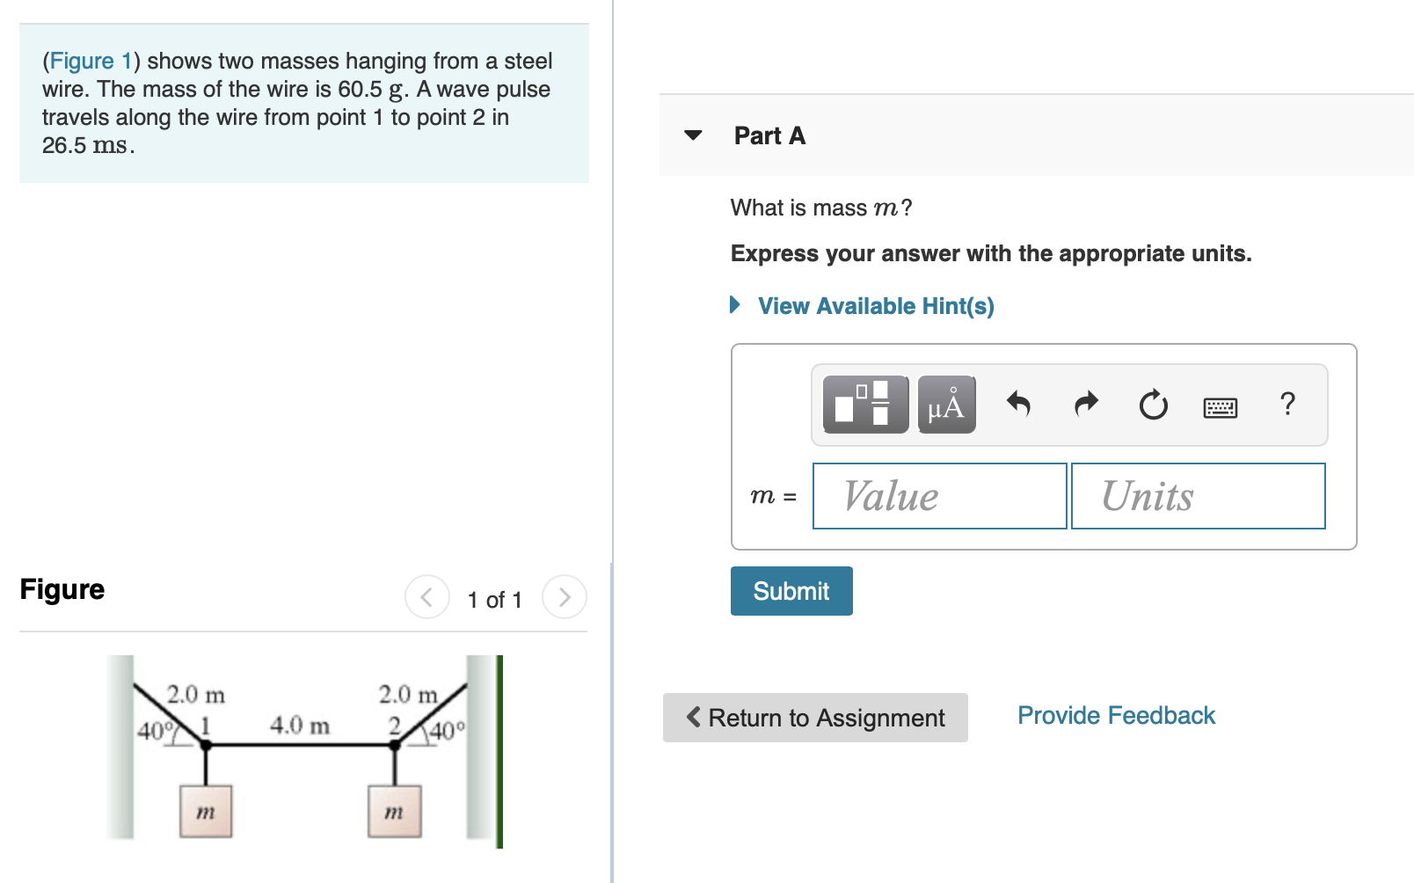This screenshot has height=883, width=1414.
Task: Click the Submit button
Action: click(x=791, y=591)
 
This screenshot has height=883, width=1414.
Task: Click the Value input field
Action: click(x=939, y=496)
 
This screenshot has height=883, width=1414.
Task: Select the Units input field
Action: click(x=1198, y=496)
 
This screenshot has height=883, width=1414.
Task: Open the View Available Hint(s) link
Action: click(x=875, y=306)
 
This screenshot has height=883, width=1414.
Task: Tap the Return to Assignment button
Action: click(x=815, y=718)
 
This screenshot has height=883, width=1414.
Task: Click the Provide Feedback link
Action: click(x=1116, y=716)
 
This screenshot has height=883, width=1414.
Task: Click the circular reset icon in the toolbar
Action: click(x=1153, y=405)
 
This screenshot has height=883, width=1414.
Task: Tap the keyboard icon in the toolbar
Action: click(x=1220, y=407)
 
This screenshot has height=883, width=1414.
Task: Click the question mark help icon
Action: click(x=1287, y=405)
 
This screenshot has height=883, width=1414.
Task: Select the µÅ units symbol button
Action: click(x=946, y=405)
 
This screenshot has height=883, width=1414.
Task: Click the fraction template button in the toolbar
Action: click(x=865, y=405)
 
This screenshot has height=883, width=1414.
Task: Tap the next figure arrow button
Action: click(x=564, y=597)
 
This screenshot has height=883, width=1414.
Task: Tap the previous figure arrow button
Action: click(x=426, y=597)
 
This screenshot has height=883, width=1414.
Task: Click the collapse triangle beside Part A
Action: click(x=693, y=135)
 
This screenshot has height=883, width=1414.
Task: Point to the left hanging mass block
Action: click(x=206, y=811)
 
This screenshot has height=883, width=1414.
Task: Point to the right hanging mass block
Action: click(x=394, y=811)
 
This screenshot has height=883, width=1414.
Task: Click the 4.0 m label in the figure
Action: click(x=300, y=726)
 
